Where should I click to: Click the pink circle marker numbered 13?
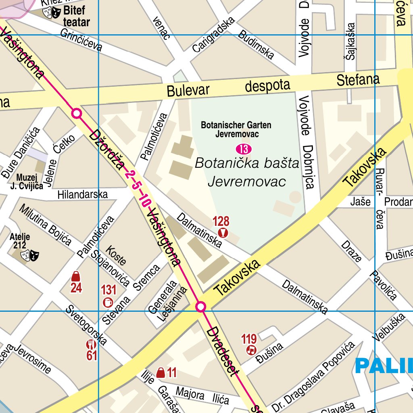pos(244,149)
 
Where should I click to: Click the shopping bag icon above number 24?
pos(75,277)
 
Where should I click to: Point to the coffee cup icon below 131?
pos(108,302)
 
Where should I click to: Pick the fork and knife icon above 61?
pos(91,344)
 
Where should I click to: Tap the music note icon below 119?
pos(251,350)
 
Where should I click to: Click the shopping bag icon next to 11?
pos(161,373)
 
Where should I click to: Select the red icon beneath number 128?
pos(222,233)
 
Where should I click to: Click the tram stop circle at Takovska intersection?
pos(200,307)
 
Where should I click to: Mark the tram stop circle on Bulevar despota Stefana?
pos(77,113)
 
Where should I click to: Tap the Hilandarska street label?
pos(83,194)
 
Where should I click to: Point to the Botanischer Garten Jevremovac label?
pos(236,129)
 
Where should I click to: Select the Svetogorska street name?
pos(86,325)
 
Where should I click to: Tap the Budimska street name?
pos(256,44)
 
